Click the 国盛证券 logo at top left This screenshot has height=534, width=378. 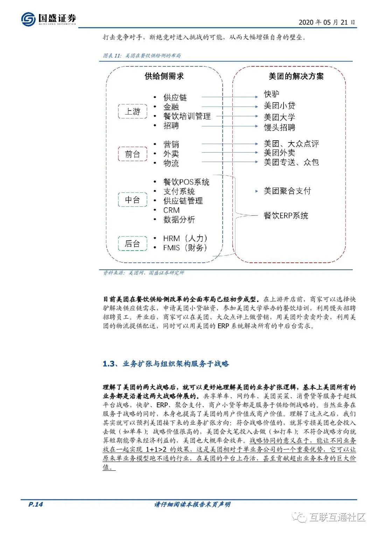[49, 19]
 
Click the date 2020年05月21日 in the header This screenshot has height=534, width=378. [327, 22]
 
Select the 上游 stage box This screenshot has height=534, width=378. [133, 112]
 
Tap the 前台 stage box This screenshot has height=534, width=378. [133, 154]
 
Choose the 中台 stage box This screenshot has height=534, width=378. [133, 200]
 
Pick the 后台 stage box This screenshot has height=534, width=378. [133, 244]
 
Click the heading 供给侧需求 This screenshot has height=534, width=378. [164, 76]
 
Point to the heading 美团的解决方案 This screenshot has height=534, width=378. [296, 76]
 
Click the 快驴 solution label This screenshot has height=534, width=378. [272, 94]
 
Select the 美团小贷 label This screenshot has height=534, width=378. [279, 106]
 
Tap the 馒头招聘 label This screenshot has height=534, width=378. [279, 127]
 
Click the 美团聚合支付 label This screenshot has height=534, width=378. [287, 191]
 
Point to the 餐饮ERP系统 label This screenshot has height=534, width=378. [286, 216]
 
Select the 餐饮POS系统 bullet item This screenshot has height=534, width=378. [186, 182]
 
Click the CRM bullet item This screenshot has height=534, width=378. [171, 210]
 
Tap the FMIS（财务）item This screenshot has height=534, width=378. [185, 248]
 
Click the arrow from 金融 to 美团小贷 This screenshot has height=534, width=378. [230, 107]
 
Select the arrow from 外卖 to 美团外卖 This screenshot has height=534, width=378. [230, 153]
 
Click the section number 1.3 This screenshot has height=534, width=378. [108, 364]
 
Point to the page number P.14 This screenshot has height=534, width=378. [36, 504]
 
